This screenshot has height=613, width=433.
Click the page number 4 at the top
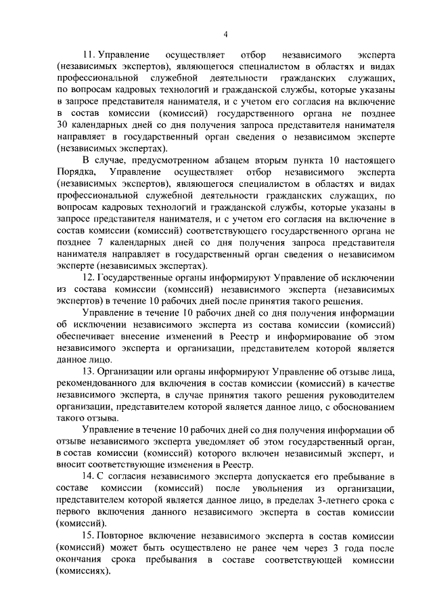(x=226, y=35)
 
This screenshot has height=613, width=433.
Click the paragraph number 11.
(x=88, y=54)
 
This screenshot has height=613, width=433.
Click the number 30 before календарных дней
(x=64, y=129)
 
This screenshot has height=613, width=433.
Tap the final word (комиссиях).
(x=84, y=572)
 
